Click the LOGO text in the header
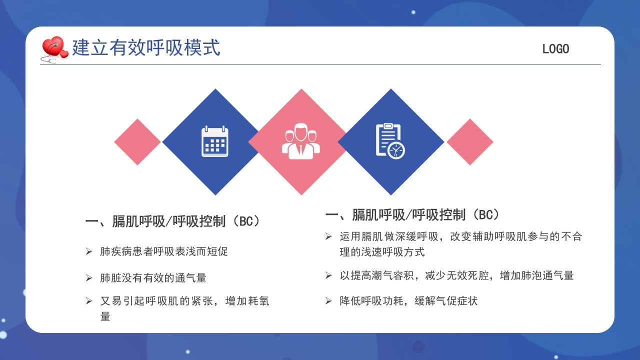click(555, 49)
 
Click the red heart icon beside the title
click(54, 47)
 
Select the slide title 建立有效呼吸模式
click(146, 48)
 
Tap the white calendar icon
click(215, 142)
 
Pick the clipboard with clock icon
click(390, 141)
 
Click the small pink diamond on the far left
click(137, 142)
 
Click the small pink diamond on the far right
click(470, 142)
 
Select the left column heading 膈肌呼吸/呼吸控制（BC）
click(173, 221)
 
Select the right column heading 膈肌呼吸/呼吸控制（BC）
click(413, 215)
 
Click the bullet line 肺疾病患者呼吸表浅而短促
click(164, 251)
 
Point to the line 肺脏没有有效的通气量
click(153, 278)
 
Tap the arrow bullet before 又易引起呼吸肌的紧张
click(89, 301)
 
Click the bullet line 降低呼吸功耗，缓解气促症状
click(408, 301)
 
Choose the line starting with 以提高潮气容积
click(456, 275)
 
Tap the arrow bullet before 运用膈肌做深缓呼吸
click(328, 236)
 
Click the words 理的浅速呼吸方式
click(382, 252)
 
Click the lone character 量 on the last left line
click(105, 316)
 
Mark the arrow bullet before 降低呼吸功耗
click(328, 301)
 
